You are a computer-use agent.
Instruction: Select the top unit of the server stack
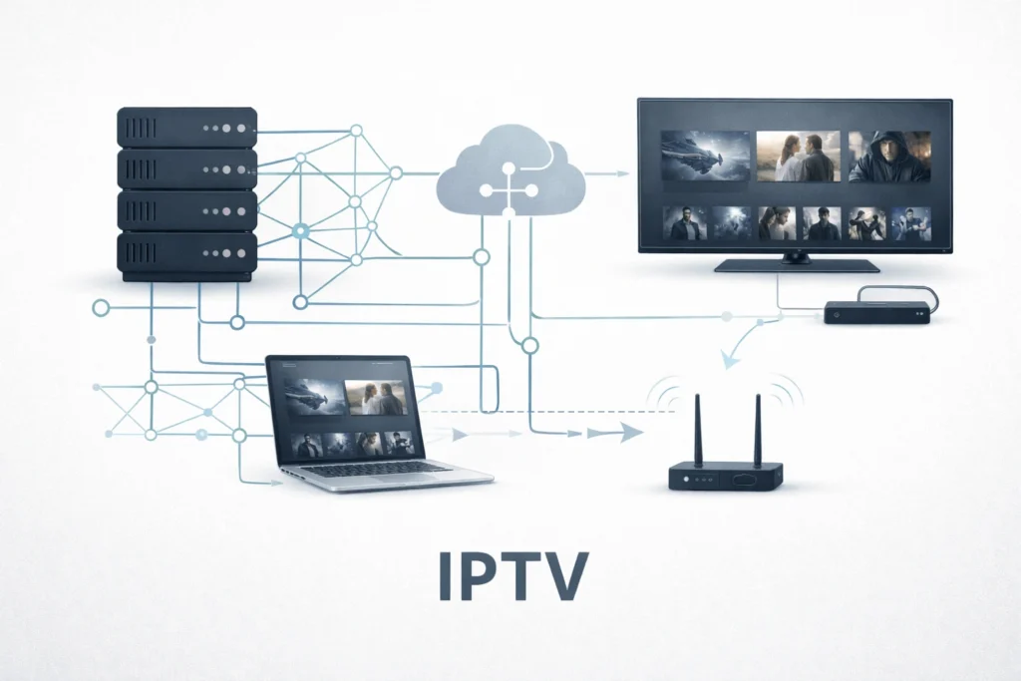[187, 128]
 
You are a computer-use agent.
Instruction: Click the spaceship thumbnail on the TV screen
[705, 156]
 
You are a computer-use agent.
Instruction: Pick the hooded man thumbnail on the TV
[889, 156]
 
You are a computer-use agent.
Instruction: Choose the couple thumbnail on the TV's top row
[799, 156]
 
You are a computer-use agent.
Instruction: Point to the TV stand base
[797, 265]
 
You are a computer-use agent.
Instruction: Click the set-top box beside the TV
[876, 313]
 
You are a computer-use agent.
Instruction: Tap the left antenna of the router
[698, 430]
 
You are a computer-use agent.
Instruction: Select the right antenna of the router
[758, 430]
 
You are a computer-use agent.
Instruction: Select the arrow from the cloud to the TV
[604, 173]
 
